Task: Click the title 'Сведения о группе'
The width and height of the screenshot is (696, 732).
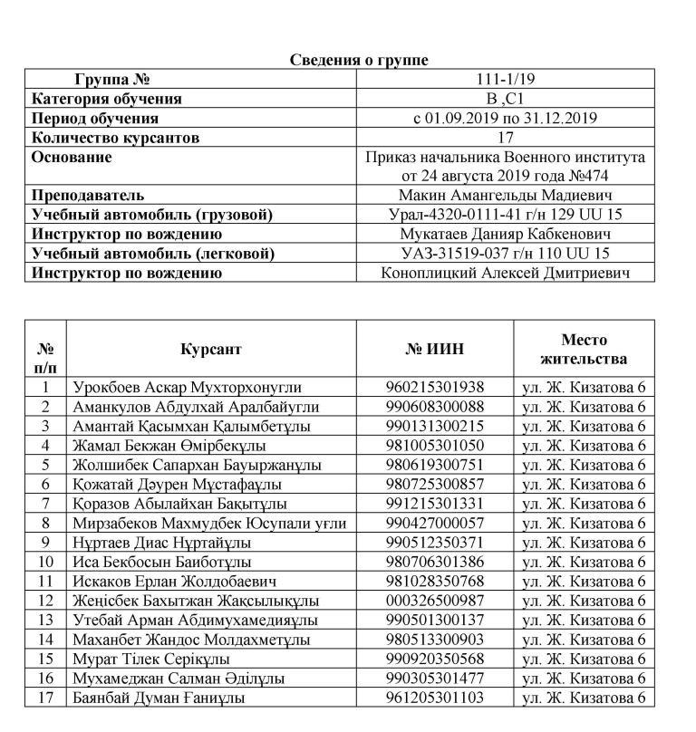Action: tap(360, 60)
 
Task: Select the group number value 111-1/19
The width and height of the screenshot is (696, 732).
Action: tap(505, 79)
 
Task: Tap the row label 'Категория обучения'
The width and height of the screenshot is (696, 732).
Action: tap(107, 99)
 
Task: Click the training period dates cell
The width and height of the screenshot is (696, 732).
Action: tap(505, 118)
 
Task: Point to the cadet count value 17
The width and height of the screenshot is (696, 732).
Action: tap(505, 138)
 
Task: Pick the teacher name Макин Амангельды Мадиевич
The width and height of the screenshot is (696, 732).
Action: tap(505, 195)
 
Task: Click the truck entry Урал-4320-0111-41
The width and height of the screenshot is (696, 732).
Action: tap(505, 215)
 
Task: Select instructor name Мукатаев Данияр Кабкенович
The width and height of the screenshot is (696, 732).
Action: tap(505, 234)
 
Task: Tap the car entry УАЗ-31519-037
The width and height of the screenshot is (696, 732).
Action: tap(505, 254)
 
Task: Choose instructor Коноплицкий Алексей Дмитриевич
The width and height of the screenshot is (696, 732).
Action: tap(505, 273)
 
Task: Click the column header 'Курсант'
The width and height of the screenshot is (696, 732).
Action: tap(211, 349)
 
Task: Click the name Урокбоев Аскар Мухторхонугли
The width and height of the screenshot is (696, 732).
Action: tap(188, 387)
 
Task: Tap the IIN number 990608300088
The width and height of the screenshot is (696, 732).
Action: tap(435, 407)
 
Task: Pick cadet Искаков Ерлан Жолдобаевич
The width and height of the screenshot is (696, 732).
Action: tap(175, 581)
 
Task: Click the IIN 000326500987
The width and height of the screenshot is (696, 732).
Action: tap(435, 601)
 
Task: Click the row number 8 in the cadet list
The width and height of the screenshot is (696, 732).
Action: tap(45, 523)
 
